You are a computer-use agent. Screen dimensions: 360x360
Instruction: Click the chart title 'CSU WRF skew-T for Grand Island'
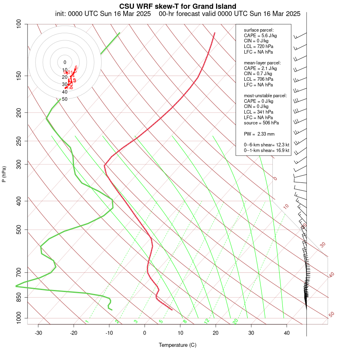click(x=178, y=6)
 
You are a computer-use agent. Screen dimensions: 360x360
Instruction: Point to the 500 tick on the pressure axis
click(x=19, y=230)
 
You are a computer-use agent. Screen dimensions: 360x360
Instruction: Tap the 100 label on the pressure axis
click(x=19, y=24)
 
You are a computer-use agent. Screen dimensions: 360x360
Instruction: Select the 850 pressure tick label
click(x=19, y=297)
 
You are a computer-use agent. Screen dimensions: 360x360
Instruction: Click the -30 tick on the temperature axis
click(x=38, y=333)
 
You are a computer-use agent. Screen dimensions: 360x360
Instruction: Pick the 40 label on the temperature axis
click(x=287, y=333)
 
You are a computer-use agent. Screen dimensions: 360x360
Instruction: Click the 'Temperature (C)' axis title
click(x=178, y=345)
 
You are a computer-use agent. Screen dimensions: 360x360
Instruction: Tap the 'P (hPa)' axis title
click(x=4, y=174)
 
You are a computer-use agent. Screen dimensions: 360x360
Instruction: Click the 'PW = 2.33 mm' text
click(x=259, y=134)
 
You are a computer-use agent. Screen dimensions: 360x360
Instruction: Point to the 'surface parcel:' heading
click(x=259, y=30)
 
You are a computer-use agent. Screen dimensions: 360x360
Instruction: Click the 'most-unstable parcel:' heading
click(x=265, y=96)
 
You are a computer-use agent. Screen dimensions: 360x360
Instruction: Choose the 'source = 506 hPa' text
click(x=262, y=123)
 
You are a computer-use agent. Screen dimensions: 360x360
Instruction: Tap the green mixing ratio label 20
click(x=236, y=321)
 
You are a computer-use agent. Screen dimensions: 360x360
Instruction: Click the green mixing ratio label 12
click(x=207, y=321)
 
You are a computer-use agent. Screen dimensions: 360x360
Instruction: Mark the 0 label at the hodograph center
click(x=65, y=62)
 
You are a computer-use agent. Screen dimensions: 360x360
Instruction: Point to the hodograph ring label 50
click(x=65, y=99)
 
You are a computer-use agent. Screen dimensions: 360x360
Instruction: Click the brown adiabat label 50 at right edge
click(x=331, y=315)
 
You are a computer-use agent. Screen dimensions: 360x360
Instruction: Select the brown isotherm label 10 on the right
click(x=286, y=206)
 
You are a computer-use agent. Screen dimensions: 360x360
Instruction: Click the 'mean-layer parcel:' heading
click(x=262, y=63)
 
